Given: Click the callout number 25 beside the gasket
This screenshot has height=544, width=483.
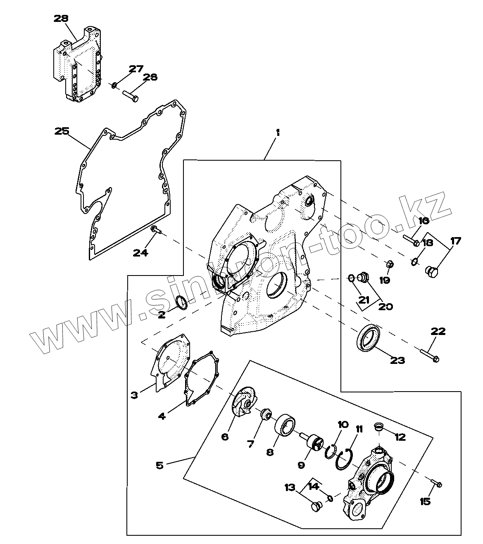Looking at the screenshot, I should tap(62, 131).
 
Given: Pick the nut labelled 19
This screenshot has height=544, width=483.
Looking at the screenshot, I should tap(389, 264).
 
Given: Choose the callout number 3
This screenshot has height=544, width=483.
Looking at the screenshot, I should tap(134, 395).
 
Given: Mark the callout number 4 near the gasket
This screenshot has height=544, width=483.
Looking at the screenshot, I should tap(162, 416).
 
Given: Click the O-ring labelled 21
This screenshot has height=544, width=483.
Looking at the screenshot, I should tap(350, 278).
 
